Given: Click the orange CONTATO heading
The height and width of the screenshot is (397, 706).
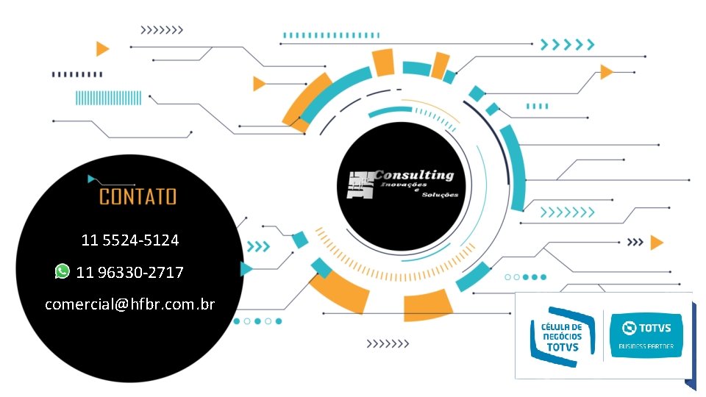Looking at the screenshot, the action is [x=138, y=196].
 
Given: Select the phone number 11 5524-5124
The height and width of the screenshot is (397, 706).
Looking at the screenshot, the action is [x=130, y=240].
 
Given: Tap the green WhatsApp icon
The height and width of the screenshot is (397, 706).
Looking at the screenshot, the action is [x=63, y=271].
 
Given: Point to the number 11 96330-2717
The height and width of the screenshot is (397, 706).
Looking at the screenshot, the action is [x=130, y=272].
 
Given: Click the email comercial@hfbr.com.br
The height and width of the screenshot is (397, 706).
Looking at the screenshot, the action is [x=130, y=304].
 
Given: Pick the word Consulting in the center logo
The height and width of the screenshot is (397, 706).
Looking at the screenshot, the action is [x=414, y=175].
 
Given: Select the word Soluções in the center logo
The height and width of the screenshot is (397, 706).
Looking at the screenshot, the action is [x=441, y=195].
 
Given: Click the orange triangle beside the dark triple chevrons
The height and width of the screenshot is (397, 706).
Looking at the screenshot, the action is [x=657, y=243].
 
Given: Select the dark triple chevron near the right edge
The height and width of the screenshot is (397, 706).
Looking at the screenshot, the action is [x=635, y=242].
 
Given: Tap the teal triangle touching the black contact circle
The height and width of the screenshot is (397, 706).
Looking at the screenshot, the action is [x=246, y=269].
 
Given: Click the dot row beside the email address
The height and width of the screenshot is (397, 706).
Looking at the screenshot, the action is [x=257, y=321].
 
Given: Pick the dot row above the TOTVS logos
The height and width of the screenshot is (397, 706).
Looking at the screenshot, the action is [x=526, y=277].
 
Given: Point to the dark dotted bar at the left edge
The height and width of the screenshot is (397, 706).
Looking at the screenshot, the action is [x=77, y=74].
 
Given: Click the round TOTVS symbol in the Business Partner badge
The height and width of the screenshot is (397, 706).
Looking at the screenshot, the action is [x=630, y=327].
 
